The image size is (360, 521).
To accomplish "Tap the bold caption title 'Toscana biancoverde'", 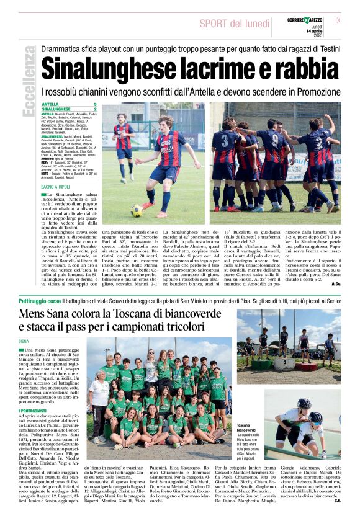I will click(x=246, y=428).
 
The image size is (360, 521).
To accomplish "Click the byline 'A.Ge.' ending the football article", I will click(x=335, y=283).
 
